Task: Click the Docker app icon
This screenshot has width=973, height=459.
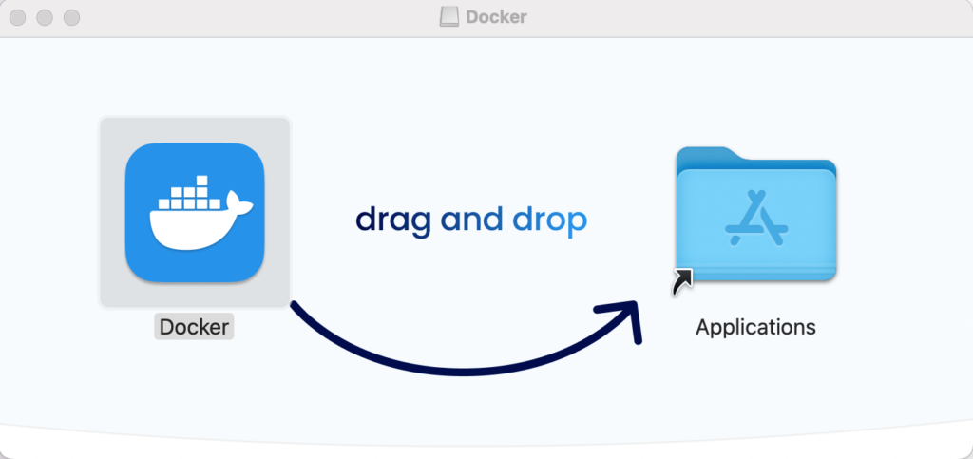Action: point(195,213)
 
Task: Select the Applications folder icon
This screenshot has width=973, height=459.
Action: point(756,214)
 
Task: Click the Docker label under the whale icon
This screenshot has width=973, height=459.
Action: point(194,327)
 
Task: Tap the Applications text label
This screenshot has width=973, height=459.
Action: point(755,327)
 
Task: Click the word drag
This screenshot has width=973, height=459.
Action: point(393,220)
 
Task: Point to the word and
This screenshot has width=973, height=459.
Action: point(471,219)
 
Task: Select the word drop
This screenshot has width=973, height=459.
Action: point(550,220)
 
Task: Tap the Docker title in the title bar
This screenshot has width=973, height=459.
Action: point(496,17)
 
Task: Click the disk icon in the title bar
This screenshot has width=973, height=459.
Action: point(449,17)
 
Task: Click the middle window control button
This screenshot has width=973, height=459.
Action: point(45,17)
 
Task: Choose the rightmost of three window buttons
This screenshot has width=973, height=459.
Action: point(72,17)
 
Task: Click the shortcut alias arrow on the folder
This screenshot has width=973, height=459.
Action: point(682,283)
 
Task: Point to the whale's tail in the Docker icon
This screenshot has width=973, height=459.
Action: point(238,202)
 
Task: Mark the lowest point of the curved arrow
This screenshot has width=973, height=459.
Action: point(463,372)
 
